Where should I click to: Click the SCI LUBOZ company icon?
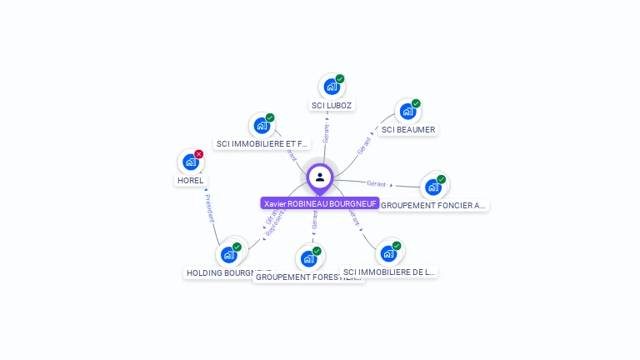(x=331, y=87)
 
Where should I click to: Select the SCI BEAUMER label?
(x=408, y=130)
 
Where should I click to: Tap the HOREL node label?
(x=190, y=180)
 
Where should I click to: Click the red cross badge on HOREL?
(x=198, y=154)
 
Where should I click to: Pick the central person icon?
(x=319, y=177)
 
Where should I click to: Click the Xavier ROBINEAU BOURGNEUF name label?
(x=320, y=203)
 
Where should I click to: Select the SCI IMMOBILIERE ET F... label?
(x=262, y=144)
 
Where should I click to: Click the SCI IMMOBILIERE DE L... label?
(x=389, y=272)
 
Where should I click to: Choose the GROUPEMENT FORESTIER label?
(x=308, y=277)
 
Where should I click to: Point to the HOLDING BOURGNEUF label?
(x=227, y=272)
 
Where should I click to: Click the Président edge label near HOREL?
(x=209, y=208)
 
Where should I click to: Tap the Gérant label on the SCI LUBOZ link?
(x=326, y=133)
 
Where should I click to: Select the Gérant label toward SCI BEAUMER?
(x=363, y=145)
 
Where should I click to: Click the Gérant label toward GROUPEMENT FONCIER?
(x=376, y=183)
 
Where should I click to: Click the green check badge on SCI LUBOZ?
(x=340, y=79)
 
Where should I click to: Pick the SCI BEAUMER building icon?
(x=407, y=112)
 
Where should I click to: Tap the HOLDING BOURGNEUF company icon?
(x=228, y=255)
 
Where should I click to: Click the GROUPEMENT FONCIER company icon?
(x=432, y=187)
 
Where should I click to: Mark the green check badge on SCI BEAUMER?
(x=416, y=104)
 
